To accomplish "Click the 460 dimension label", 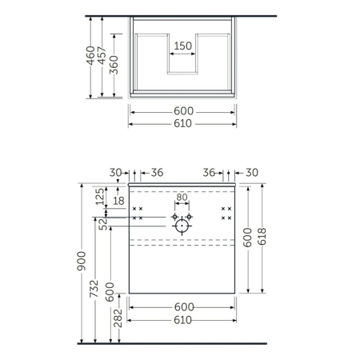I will coord(91,54).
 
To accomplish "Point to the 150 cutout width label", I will coord(183,46).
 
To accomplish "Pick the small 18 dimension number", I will coord(118,201).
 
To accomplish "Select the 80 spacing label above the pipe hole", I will coord(182,197).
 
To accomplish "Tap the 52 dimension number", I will coord(103,226).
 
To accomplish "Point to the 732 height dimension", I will coord(94,290).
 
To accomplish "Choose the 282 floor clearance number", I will coord(118,318).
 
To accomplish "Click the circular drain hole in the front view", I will coord(182,226).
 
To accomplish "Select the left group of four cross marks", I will coord(137,214).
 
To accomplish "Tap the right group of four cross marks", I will coord(226,214).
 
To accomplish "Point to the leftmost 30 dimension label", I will coord(115,172).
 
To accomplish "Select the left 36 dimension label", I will coord(157,172).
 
